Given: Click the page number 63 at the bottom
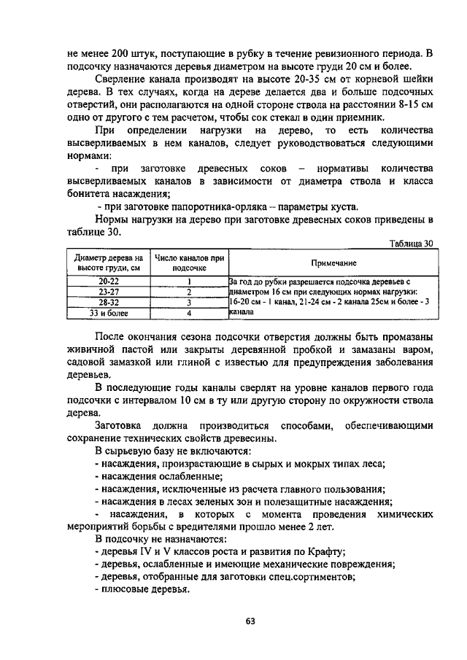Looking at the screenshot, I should click(250, 621).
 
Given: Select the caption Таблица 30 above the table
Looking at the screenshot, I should click(411, 244).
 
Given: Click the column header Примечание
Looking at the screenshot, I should click(333, 263).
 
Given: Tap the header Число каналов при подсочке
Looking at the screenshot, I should click(188, 263).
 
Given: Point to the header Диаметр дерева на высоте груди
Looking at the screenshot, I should click(108, 263).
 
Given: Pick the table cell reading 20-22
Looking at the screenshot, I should click(108, 280).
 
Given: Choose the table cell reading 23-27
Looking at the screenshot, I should click(108, 291).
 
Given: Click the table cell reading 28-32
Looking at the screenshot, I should click(108, 302).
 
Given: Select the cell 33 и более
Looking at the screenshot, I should click(108, 313).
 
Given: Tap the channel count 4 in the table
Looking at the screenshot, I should click(188, 313).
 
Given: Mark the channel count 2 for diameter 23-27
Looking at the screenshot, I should click(188, 291).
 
